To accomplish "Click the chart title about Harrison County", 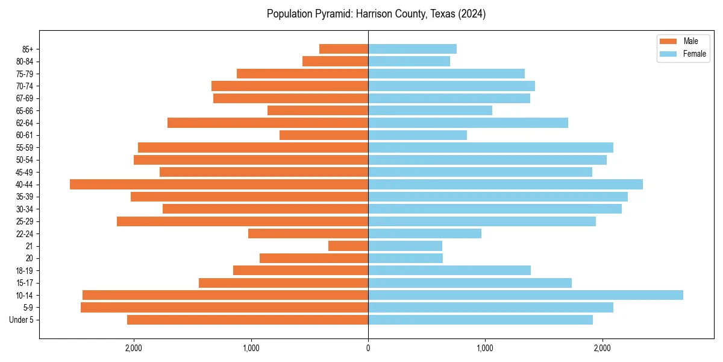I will pos(376,14).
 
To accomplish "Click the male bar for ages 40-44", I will pos(219,184).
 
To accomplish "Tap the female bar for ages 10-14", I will pos(525,295).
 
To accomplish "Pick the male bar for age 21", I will pos(348,246).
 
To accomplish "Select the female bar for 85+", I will pos(412,49).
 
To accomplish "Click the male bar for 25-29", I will pos(242,221).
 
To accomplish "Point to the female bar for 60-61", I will pos(418,135).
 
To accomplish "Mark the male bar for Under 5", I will pos(248,320).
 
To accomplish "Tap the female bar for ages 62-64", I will pos(468,122).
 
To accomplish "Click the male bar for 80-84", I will pos(335,61).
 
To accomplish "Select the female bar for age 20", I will pos(405,258).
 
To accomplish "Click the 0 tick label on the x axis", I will pos(368,348).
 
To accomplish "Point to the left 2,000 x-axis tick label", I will pos(133,348).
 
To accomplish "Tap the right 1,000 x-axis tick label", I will pos(485,348).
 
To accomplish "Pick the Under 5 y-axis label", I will pos(21,320).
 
